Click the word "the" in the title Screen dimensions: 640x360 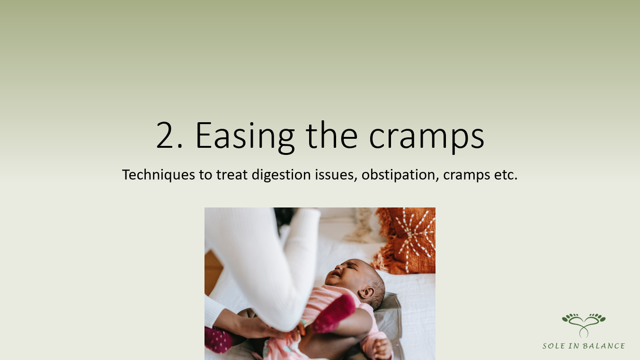332,135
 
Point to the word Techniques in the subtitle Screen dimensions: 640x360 159,175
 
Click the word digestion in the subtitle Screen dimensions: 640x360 281,175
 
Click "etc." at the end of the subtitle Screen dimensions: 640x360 506,175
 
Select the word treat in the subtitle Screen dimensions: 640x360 231,175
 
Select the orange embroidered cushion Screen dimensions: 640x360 406,241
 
